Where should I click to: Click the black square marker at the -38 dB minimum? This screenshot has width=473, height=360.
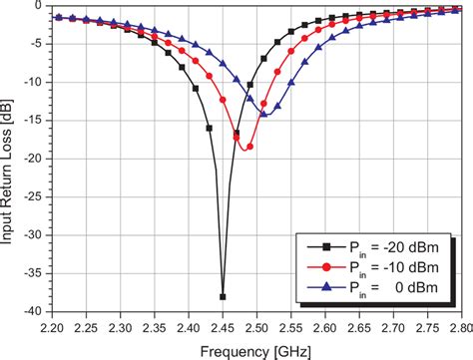pos(223,297)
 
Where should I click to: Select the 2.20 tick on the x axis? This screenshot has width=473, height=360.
pos(51,326)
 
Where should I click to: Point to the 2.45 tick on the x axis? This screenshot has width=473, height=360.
pos(223,326)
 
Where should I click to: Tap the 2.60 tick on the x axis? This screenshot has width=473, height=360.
pos(325,326)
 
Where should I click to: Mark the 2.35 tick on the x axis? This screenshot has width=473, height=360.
pos(154,326)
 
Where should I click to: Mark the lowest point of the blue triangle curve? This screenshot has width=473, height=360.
pos(264,114)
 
